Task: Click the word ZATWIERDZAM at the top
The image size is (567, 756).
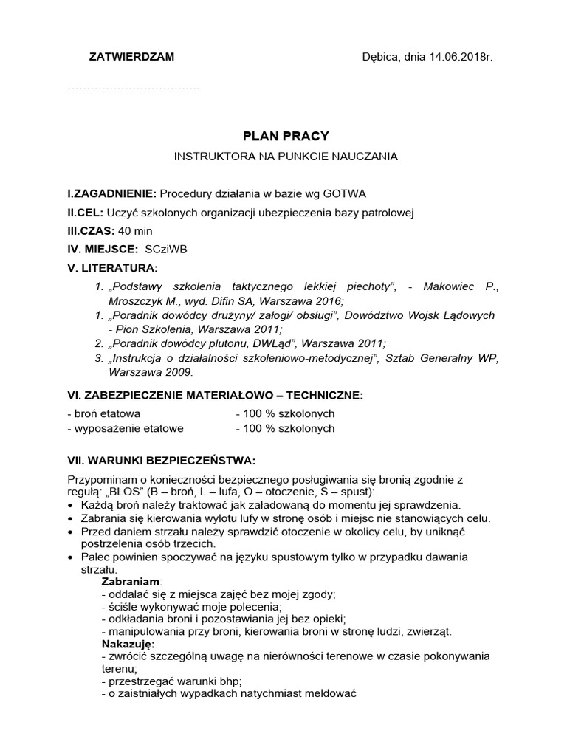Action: coord(131,57)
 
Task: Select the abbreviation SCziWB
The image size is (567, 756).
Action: coord(166,250)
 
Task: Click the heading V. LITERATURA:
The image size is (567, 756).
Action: coord(112,267)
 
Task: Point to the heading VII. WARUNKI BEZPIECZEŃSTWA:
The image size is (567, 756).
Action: coord(161,461)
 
